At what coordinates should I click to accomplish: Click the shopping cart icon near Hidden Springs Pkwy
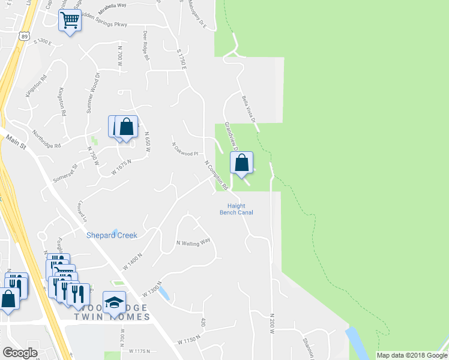point(70,20)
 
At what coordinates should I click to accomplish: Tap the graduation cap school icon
point(113,302)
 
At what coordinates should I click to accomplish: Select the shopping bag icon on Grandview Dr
point(241,163)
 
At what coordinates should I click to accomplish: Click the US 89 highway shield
point(23,37)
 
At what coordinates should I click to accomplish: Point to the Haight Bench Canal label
point(235,209)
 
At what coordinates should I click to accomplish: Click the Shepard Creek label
point(112,235)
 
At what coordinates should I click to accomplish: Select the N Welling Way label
point(193,242)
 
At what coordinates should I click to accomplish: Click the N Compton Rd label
point(216,176)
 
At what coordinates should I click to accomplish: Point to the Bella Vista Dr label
point(249,109)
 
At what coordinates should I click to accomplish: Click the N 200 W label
point(272,323)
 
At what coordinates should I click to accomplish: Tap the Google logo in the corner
point(20,353)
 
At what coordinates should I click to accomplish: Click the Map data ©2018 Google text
point(411,355)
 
